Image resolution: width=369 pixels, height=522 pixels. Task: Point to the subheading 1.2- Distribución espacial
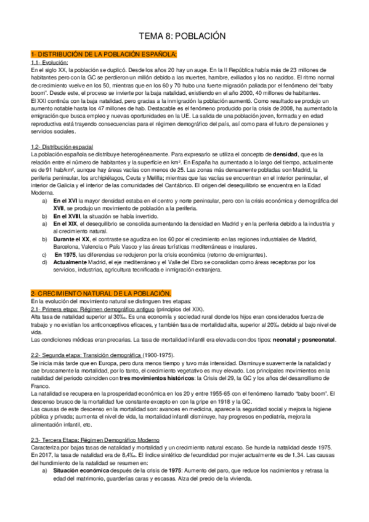tap(62, 147)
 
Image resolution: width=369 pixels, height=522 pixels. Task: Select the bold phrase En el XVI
tap(65, 201)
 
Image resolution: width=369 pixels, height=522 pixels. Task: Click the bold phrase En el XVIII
tap(67, 216)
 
